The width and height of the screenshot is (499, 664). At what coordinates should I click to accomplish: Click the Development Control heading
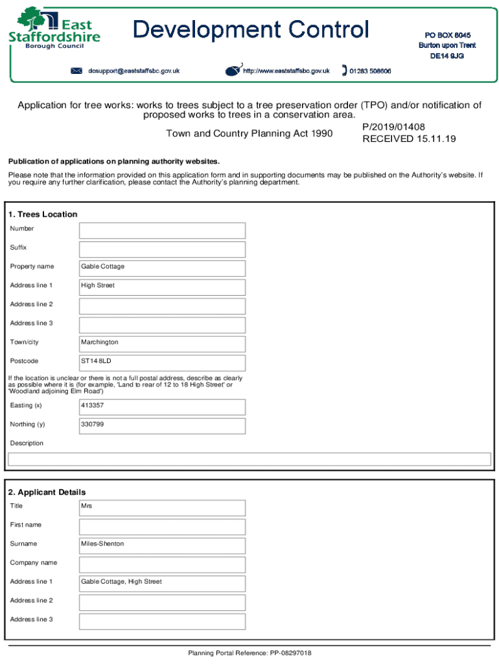pos(251,30)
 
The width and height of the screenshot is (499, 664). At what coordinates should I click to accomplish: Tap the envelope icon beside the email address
pos(76,71)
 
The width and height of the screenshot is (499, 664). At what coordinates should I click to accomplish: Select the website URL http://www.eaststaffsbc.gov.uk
pos(286,71)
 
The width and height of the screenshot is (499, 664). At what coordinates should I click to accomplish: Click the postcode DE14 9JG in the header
pos(447,56)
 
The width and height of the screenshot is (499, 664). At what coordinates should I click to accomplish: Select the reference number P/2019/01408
pos(393,127)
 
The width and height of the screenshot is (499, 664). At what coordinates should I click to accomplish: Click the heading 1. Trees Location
pos(42,215)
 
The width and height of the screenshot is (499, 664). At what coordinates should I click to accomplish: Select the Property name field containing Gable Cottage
pos(162,267)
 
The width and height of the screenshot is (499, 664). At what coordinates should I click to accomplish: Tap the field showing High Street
pos(162,286)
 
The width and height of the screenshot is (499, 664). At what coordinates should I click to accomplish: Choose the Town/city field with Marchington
pos(162,342)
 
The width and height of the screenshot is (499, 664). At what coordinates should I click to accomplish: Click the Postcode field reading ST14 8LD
pos(162,361)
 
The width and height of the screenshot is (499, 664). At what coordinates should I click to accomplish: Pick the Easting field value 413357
pos(162,406)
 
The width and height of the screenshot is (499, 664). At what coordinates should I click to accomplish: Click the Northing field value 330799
pos(162,425)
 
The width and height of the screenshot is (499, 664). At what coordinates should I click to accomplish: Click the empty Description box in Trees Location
pos(249,459)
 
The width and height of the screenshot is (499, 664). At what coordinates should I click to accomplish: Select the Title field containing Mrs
pos(162,506)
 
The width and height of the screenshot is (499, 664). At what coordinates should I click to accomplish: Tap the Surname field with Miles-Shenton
pos(162,544)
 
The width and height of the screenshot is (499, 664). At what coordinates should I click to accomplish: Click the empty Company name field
pos(162,563)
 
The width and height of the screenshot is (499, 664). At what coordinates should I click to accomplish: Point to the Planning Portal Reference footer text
pos(250,653)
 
